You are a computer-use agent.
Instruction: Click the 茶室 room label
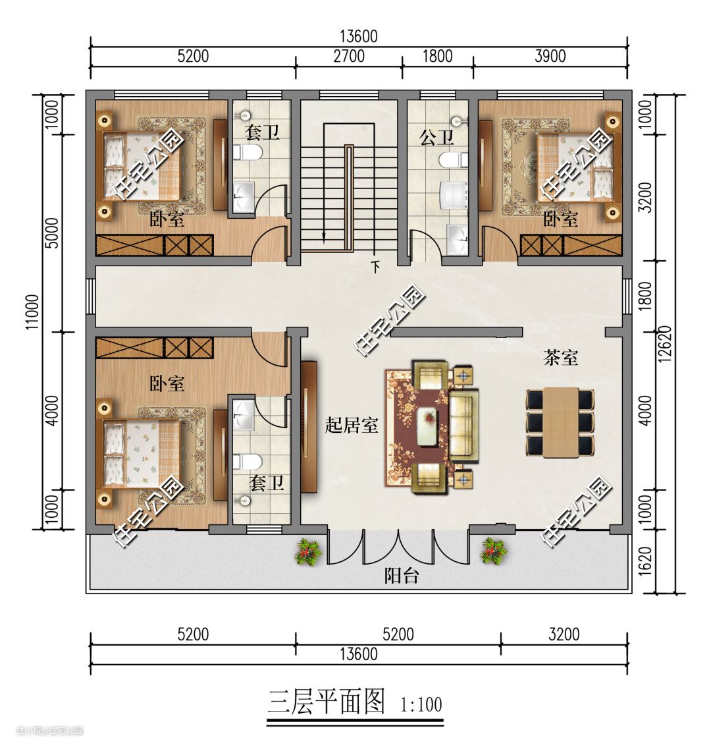(560, 358)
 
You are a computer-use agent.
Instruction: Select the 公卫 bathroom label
(436, 138)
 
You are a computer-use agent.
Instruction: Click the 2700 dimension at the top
(349, 56)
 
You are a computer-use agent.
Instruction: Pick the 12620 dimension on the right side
(665, 344)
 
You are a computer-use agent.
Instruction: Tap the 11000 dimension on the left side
(33, 312)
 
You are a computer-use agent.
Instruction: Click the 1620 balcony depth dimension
(646, 560)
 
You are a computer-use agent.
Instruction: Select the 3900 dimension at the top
(550, 56)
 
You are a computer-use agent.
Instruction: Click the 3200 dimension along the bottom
(564, 634)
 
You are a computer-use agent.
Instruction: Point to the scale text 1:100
(421, 704)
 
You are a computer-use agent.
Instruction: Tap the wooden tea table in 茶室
(560, 422)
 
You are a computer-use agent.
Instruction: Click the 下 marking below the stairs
(376, 266)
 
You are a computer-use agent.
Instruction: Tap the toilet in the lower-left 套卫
(248, 462)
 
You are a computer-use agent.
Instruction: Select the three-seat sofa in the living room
(464, 426)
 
